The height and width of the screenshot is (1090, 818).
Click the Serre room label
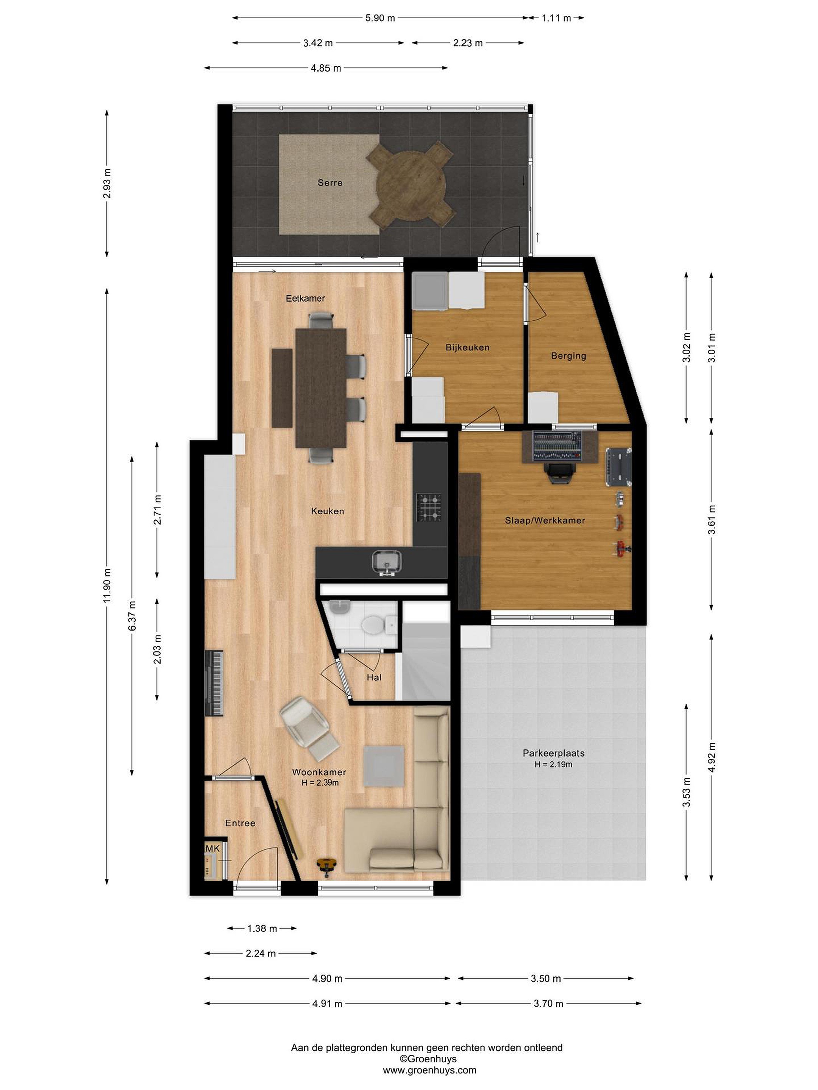(x=330, y=183)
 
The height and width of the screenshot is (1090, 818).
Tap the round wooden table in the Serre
(x=411, y=184)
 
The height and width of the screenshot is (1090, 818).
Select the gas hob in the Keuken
(x=429, y=508)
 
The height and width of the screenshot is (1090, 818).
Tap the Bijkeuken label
(x=467, y=347)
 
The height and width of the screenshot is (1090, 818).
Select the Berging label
(x=568, y=356)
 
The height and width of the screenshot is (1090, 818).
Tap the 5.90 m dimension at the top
(x=380, y=18)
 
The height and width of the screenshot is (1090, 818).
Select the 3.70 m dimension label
(x=548, y=1003)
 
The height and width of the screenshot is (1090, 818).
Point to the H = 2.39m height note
(x=320, y=783)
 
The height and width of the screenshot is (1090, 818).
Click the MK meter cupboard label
(x=212, y=849)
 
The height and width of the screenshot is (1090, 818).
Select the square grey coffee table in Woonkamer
(x=384, y=766)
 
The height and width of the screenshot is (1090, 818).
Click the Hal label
(x=374, y=677)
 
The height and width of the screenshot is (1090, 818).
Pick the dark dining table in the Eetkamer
(x=321, y=388)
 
